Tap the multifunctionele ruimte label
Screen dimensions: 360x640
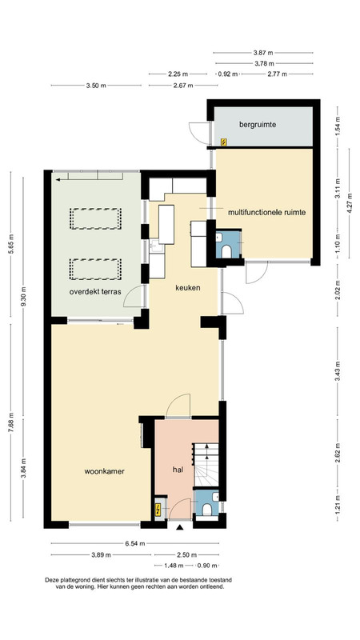(x=267, y=212)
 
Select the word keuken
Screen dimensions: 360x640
(x=188, y=288)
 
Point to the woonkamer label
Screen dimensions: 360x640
(x=105, y=471)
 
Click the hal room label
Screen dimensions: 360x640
(x=177, y=470)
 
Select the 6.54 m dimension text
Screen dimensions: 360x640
(x=135, y=543)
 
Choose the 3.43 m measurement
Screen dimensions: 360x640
(x=337, y=371)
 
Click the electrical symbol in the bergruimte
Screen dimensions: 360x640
(x=223, y=142)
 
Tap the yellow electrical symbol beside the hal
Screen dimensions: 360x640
(x=158, y=510)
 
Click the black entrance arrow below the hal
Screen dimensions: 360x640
(x=179, y=527)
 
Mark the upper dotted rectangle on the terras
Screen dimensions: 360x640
(x=95, y=218)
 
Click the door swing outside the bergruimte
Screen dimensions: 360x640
(x=199, y=133)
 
